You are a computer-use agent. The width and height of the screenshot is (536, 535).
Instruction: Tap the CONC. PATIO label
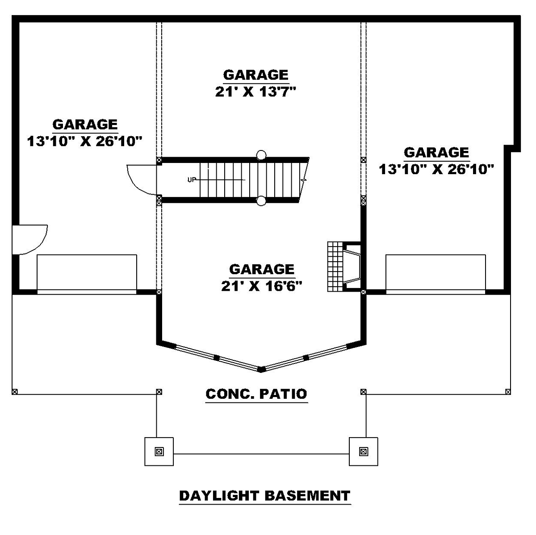pos(256,394)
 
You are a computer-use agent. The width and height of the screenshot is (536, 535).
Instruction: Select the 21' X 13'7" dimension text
pos(255,92)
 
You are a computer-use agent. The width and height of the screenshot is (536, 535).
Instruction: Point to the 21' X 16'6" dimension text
pos(261,286)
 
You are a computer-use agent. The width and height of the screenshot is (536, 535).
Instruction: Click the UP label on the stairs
pos(192,180)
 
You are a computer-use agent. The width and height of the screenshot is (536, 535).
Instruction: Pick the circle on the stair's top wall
pos(261,155)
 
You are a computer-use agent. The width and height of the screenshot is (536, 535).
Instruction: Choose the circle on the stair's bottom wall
pos(261,201)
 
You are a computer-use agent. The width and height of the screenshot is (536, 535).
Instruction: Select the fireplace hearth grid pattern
pos(335,267)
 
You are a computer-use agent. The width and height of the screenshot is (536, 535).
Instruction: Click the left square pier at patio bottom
pos(159,451)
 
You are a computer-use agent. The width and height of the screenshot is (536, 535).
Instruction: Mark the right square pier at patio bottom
pos(363,451)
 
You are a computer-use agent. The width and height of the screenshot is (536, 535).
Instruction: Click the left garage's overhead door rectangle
pos(87,274)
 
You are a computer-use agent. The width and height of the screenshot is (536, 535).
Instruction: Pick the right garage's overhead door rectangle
pos(435,274)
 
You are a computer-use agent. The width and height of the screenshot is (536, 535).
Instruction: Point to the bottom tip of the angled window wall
pos(261,370)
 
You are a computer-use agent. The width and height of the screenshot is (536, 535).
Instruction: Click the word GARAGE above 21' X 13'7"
pos(255,75)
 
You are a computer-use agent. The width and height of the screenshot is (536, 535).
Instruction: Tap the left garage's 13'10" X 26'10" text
pos(85,141)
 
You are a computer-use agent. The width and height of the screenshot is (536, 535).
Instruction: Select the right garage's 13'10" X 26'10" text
pos(436,169)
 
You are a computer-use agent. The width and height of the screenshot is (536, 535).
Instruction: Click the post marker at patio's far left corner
pos(15,392)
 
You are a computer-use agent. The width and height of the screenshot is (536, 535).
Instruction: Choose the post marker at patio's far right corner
pos(508,392)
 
